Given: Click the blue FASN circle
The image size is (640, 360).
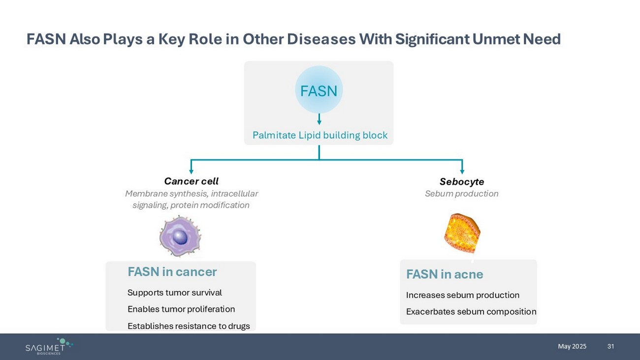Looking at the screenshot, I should click(319, 90).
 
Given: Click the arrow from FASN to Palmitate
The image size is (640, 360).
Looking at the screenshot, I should click(319, 119).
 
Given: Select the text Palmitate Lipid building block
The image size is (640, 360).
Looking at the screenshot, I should click(320, 135).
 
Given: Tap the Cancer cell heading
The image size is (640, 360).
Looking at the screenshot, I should click(191, 181).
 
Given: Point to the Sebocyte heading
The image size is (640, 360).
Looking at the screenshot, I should click(462, 182).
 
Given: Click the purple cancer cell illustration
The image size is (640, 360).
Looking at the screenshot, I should click(180, 237).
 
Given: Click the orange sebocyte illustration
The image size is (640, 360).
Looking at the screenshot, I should click(462, 233).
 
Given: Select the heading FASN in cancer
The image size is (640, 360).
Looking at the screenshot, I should click(172, 272).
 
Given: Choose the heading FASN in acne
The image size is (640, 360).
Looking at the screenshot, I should click(445, 274).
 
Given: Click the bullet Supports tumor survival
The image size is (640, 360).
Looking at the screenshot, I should click(175, 293).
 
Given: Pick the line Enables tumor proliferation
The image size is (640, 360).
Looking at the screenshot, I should click(181, 309).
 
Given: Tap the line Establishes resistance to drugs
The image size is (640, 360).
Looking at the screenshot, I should click(189, 326).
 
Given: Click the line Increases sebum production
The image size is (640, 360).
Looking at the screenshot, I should click(463, 295).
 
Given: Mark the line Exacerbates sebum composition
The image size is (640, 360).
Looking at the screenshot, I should click(471, 312).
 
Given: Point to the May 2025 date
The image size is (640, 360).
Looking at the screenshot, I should click(572, 346).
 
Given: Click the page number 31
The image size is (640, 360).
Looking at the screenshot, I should click(611, 346).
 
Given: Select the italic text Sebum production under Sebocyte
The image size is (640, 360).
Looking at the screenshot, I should click(462, 194).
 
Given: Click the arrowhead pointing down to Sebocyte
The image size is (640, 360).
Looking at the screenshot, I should click(462, 171).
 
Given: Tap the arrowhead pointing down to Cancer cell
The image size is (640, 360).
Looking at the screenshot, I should click(191, 171).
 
